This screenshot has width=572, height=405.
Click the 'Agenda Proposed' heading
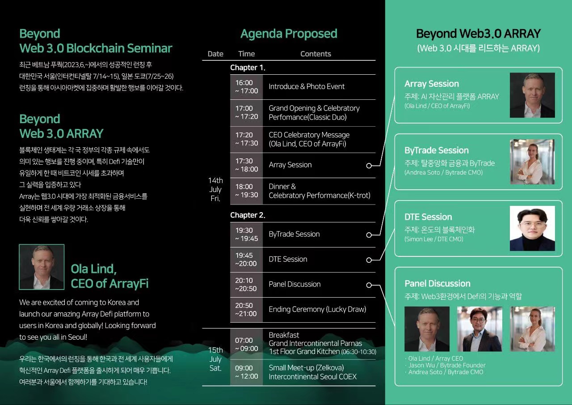[289, 34]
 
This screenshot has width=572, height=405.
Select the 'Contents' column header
[315, 54]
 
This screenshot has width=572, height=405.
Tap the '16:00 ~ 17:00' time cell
[246, 87]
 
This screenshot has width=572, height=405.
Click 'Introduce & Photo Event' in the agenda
[307, 86]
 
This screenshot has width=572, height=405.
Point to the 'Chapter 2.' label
[248, 215]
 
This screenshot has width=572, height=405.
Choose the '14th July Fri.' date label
[215, 189]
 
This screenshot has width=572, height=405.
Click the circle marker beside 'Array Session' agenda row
[369, 166]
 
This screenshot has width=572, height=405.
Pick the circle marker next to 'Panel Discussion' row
[369, 285]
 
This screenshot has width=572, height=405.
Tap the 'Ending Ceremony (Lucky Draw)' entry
[317, 309]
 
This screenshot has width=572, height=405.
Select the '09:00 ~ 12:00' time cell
[246, 372]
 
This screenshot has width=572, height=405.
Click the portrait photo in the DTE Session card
[532, 228]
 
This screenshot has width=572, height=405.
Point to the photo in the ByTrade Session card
[532, 162]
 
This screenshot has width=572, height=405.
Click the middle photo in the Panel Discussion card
[479, 329]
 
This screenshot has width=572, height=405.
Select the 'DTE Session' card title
[428, 217]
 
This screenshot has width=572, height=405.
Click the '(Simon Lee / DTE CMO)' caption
[433, 239]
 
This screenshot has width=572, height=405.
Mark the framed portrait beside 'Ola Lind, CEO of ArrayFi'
[42, 267]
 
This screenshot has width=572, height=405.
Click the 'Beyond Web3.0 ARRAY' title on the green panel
[478, 34]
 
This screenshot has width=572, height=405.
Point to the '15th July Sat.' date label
[215, 359]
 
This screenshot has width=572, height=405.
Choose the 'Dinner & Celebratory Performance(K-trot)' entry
[320, 191]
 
